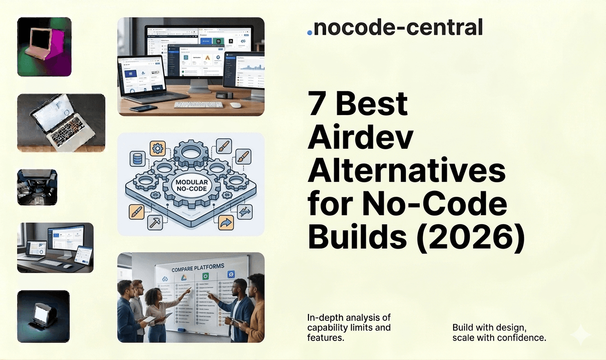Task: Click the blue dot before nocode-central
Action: (309, 32)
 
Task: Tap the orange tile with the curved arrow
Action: (225, 222)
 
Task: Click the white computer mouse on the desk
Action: (236, 105)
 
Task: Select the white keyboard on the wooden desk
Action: (198, 104)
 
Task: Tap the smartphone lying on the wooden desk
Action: (143, 108)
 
